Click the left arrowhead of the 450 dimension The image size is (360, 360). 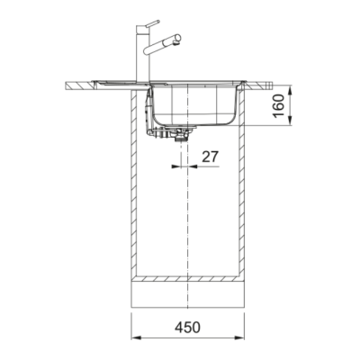pos(137,337)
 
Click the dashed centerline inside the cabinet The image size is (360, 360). pos(185,216)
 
